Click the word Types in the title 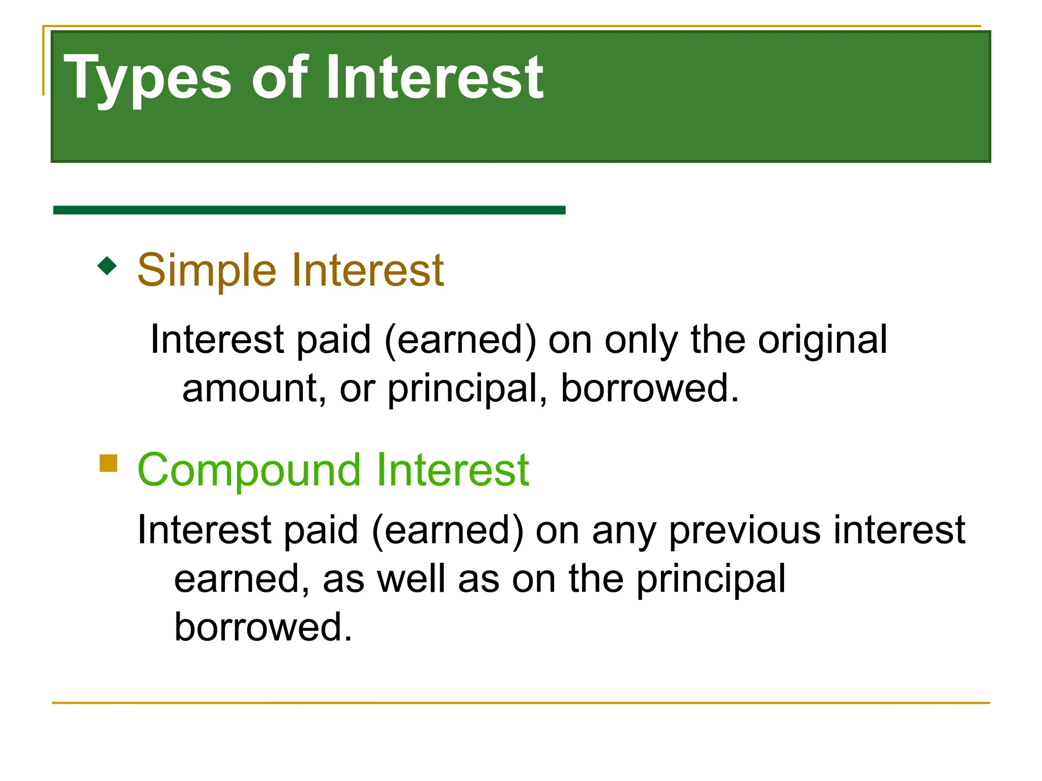click(x=148, y=79)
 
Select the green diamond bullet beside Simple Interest click(x=107, y=265)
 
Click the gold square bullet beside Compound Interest click(x=108, y=463)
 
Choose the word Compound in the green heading click(x=249, y=470)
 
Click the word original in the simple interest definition click(x=822, y=340)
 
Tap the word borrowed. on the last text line click(x=263, y=627)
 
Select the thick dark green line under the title click(x=309, y=210)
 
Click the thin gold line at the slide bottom click(x=520, y=703)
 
